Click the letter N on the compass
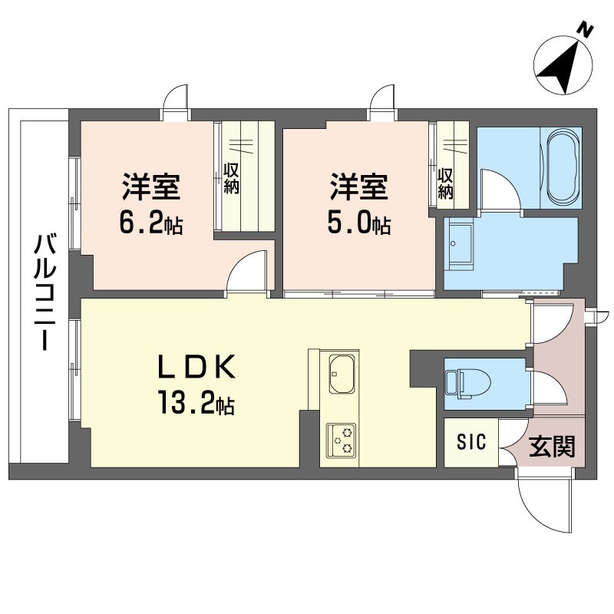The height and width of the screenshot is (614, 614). click(x=586, y=31)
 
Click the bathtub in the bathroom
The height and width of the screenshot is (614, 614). click(x=562, y=167)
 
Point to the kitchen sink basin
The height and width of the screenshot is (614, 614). click(x=342, y=374)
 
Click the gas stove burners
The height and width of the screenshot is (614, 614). click(x=342, y=440)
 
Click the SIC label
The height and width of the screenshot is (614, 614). click(x=471, y=442)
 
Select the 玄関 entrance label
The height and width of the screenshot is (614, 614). click(x=552, y=447)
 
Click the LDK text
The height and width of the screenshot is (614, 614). click(x=196, y=366)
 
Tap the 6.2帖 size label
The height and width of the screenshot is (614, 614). click(x=150, y=224)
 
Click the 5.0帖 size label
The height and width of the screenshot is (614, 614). click(x=358, y=224)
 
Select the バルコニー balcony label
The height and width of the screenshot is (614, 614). click(x=45, y=292)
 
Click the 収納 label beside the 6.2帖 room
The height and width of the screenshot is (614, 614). click(x=231, y=178)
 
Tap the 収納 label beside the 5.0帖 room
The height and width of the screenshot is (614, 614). click(x=445, y=183)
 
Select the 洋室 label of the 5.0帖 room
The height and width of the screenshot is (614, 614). click(x=358, y=187)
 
